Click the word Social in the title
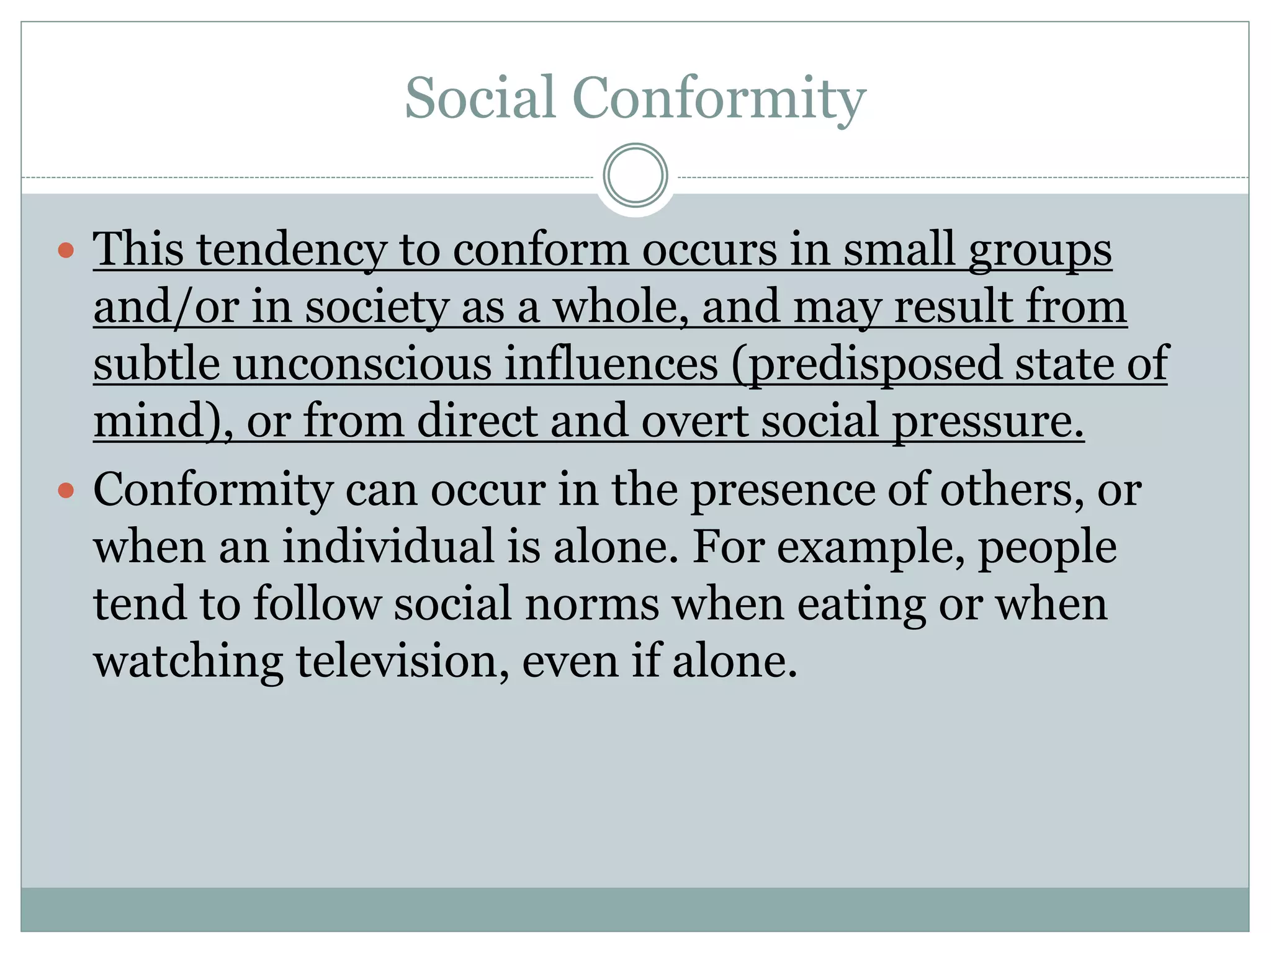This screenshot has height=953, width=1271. coord(480,98)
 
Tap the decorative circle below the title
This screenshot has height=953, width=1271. coord(635,176)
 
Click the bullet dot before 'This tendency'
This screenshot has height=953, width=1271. coord(66,251)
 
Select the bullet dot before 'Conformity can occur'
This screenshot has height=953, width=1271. coord(66,491)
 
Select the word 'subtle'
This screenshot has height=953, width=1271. coord(156,364)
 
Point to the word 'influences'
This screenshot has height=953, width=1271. coord(611,364)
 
